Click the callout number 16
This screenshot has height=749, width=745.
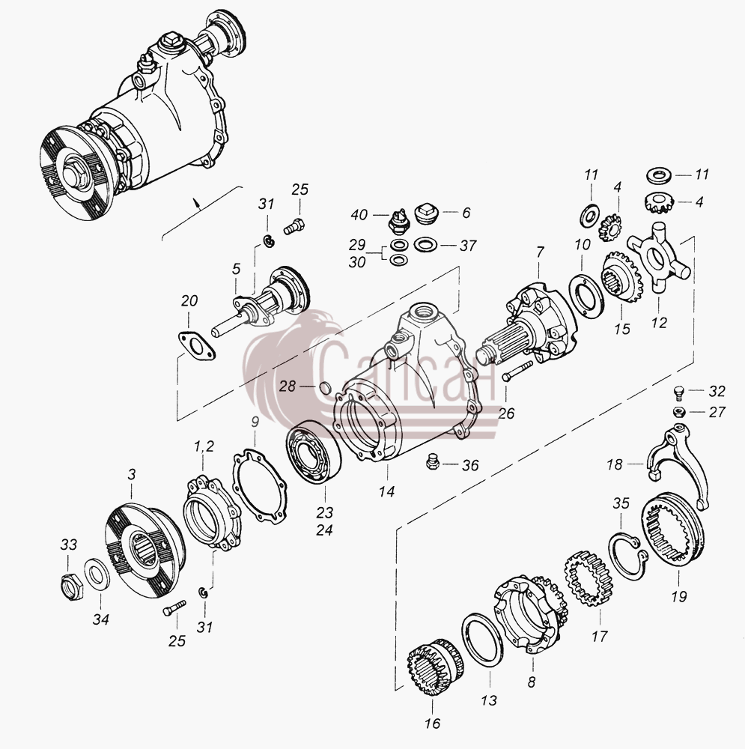(433, 724)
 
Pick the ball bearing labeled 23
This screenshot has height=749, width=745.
(313, 452)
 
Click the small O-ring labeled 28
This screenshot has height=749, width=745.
(325, 388)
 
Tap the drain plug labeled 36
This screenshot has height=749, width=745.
(432, 462)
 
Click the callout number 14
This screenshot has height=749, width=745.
(387, 491)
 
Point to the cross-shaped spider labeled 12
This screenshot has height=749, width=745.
(659, 258)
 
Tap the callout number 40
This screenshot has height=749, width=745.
(359, 214)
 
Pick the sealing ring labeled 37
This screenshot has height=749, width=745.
(425, 245)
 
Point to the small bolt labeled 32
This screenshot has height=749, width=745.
(678, 392)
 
